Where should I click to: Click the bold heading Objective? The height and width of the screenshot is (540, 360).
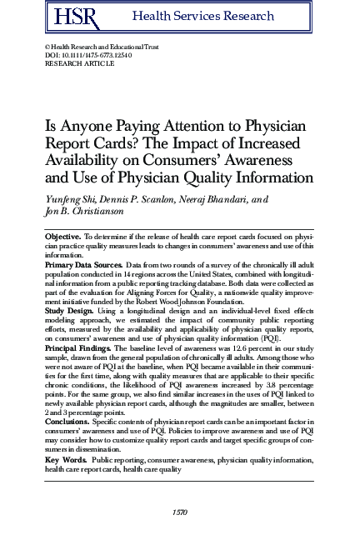(62, 237)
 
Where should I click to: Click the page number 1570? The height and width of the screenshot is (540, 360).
(179, 511)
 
